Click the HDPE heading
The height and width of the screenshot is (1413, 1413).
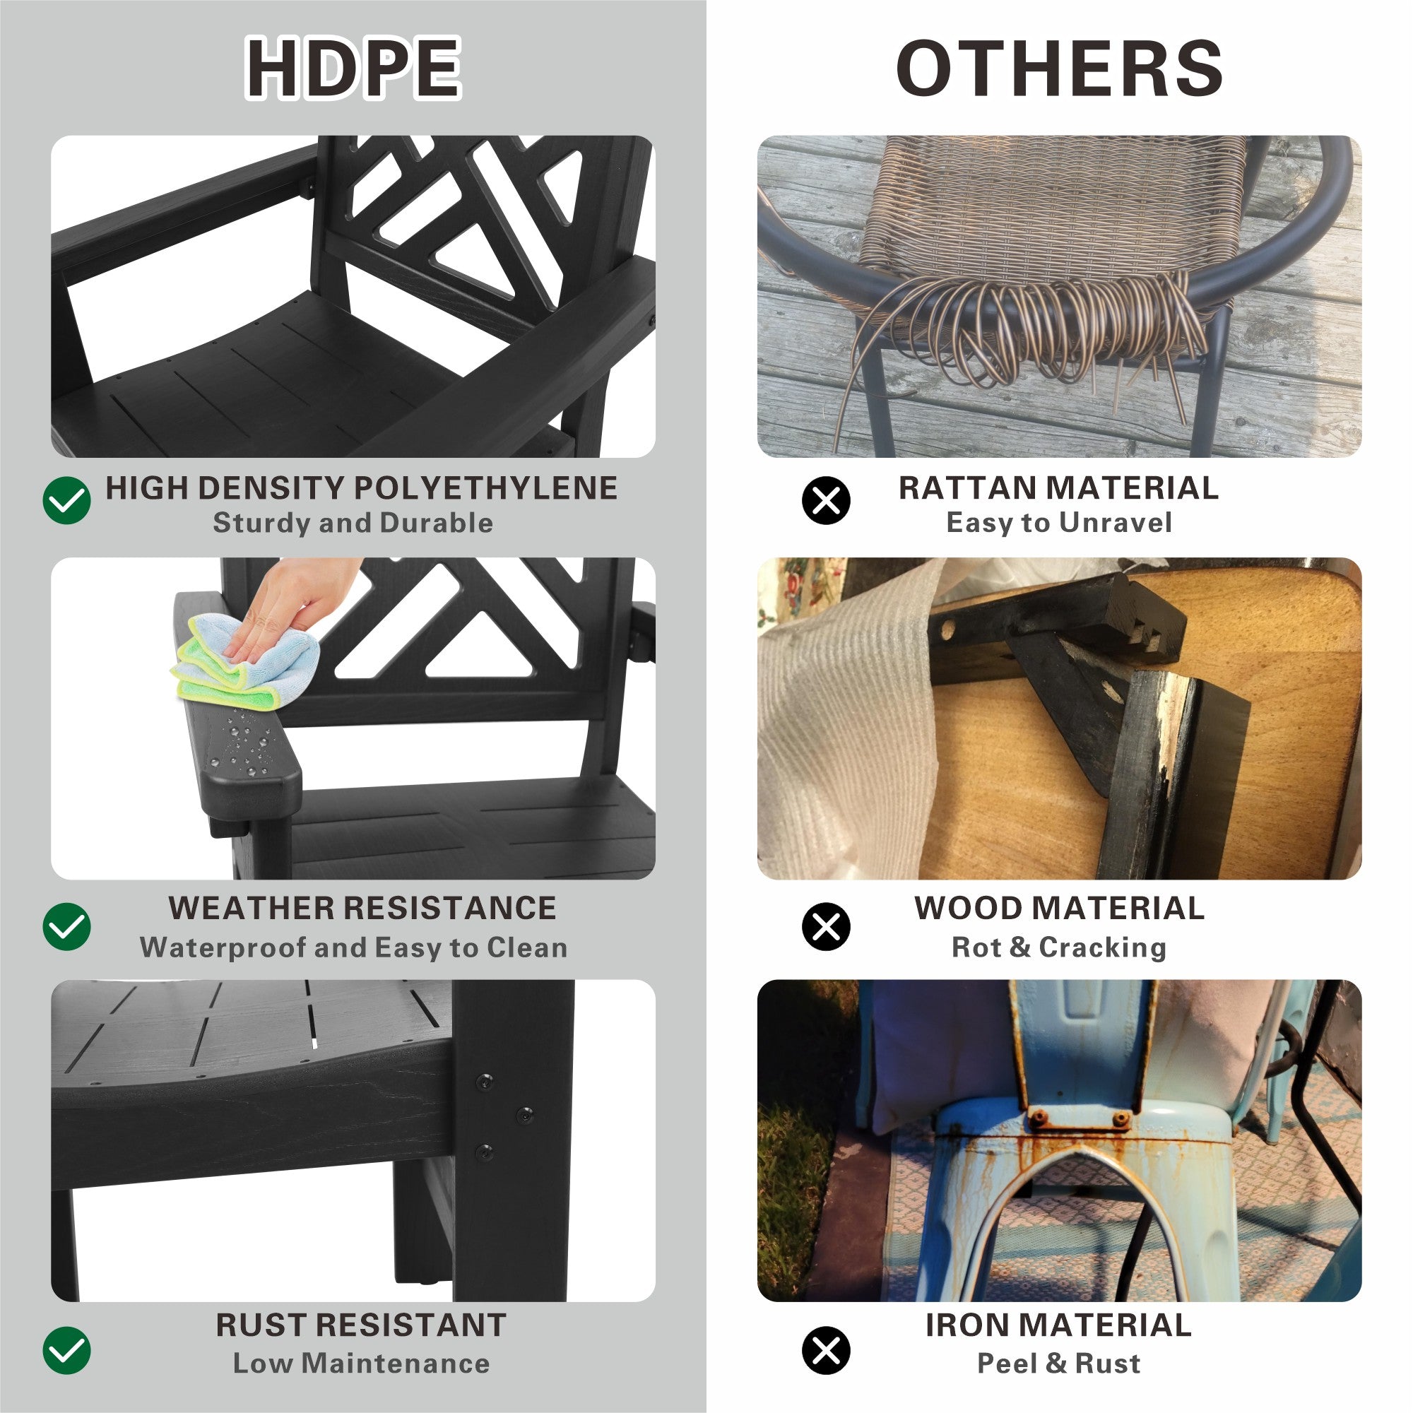pyautogui.click(x=353, y=68)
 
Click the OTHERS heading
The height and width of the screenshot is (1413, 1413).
pyautogui.click(x=1059, y=68)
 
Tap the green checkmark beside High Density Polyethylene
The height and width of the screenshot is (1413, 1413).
pyautogui.click(x=66, y=500)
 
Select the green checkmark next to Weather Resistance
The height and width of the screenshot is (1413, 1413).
pyautogui.click(x=66, y=927)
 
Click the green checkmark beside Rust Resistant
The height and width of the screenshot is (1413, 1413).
pyautogui.click(x=66, y=1349)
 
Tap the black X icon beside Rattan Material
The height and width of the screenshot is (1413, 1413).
pyautogui.click(x=827, y=500)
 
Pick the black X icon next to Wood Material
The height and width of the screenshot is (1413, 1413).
pyautogui.click(x=827, y=927)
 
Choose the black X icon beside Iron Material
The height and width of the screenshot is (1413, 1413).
pyautogui.click(x=827, y=1349)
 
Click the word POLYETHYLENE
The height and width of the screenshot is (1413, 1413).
pyautogui.click(x=483, y=487)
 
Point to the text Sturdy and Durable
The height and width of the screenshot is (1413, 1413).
pyautogui.click(x=353, y=523)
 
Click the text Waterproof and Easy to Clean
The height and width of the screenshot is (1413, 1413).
pyautogui.click(x=353, y=948)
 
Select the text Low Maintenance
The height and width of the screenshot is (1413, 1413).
pyautogui.click(x=361, y=1364)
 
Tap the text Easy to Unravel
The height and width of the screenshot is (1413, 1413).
pyautogui.click(x=1059, y=523)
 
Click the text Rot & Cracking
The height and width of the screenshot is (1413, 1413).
pyautogui.click(x=1059, y=948)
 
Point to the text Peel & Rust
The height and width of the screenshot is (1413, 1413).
pyautogui.click(x=1059, y=1364)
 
